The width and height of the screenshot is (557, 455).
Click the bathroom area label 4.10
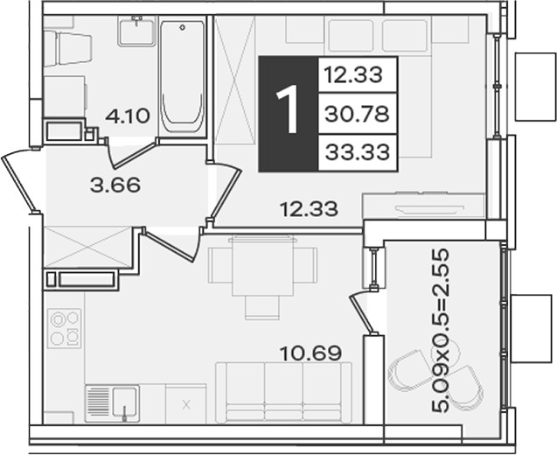tap(128, 116)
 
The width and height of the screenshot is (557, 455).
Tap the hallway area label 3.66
tap(115, 185)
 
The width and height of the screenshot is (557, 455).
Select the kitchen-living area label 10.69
tap(310, 353)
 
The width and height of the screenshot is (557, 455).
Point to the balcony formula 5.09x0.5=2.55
tap(440, 331)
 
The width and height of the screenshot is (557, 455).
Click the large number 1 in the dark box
tap(288, 109)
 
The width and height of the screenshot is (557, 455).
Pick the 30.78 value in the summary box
tap(357, 114)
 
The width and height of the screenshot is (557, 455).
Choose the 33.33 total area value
tap(358, 152)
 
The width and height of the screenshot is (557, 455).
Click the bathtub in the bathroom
tap(182, 77)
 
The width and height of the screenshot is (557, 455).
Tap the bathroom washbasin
tap(136, 31)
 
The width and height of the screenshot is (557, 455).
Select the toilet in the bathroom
tap(68, 48)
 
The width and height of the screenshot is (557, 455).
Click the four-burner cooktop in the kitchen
tap(65, 328)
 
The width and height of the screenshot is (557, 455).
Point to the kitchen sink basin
tap(124, 402)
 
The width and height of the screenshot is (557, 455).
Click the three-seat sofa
tap(284, 392)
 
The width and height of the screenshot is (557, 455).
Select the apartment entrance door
tap(18, 183)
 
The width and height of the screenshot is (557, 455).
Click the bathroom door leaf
tap(135, 154)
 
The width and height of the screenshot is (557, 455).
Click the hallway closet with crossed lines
tap(88, 247)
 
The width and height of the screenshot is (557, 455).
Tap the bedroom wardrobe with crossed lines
tap(235, 80)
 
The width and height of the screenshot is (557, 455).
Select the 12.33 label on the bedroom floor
tap(309, 209)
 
